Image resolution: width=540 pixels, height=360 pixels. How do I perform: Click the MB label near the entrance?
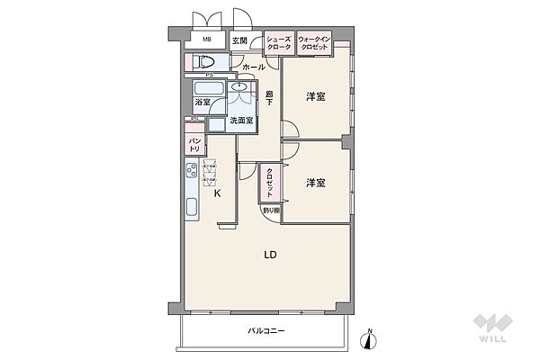206,40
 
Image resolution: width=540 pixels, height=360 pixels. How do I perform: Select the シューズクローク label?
278,41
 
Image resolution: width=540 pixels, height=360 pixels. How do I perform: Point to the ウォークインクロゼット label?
315,41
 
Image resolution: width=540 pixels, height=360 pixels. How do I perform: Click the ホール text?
254,67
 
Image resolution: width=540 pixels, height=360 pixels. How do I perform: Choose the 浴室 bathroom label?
202,102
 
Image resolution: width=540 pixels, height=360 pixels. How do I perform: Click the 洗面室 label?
241,121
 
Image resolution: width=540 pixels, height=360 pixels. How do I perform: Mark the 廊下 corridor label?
269,99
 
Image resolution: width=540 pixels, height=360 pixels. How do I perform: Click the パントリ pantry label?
194,142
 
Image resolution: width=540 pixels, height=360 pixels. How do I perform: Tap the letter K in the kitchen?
216,193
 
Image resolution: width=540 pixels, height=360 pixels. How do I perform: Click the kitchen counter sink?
192,206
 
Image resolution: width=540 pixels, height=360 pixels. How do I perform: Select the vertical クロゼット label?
269,183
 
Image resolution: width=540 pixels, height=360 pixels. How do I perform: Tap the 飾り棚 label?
271,211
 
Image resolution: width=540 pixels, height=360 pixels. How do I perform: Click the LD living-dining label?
269,255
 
